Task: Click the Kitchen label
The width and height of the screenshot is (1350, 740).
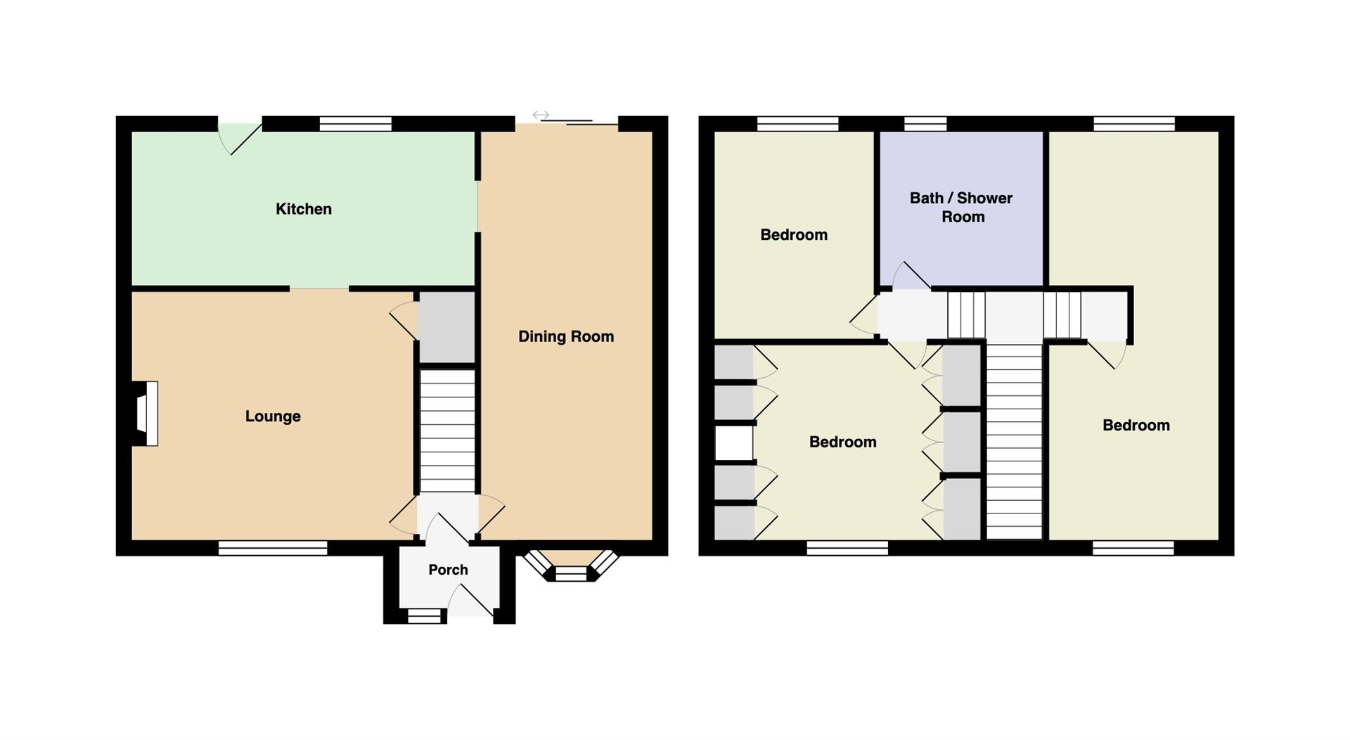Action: [x=303, y=209]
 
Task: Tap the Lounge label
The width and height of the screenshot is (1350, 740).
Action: [x=273, y=416]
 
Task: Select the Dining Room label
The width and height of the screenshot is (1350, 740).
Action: [x=566, y=336]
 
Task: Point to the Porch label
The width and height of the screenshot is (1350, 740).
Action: [x=448, y=570]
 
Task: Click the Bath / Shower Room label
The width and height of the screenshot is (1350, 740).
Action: [x=961, y=208]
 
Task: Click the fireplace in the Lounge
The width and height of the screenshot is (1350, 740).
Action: [x=146, y=414]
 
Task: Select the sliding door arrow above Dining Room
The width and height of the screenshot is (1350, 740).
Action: [x=541, y=115]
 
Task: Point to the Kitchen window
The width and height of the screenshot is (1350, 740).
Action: [x=355, y=124]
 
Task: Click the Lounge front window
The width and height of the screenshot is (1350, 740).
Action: [x=273, y=548]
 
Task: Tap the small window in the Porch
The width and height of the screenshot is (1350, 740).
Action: [x=425, y=616]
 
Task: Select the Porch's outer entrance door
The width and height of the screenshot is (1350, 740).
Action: [x=470, y=600]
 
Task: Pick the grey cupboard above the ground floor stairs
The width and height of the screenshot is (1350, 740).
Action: [x=447, y=327]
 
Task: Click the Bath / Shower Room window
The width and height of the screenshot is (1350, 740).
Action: [x=925, y=124]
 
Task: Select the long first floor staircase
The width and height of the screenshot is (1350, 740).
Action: [x=1014, y=442]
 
